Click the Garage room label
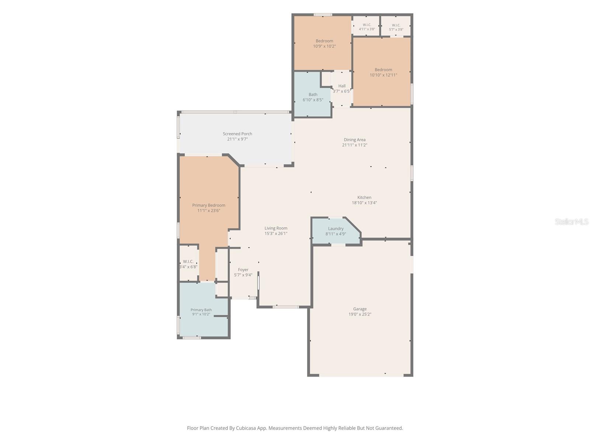(x=360, y=309)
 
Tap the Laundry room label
(x=336, y=229)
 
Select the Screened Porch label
(x=237, y=134)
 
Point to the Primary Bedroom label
(x=209, y=205)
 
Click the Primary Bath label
(x=201, y=310)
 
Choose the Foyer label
(x=243, y=270)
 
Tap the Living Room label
(x=276, y=228)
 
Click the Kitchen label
(x=364, y=198)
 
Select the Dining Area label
(x=354, y=140)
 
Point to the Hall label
(x=342, y=86)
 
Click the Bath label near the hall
(x=313, y=95)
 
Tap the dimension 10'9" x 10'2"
(x=324, y=46)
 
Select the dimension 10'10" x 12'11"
(x=383, y=75)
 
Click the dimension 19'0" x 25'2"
(x=360, y=314)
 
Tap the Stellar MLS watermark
(x=572, y=221)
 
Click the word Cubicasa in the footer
(x=246, y=428)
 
